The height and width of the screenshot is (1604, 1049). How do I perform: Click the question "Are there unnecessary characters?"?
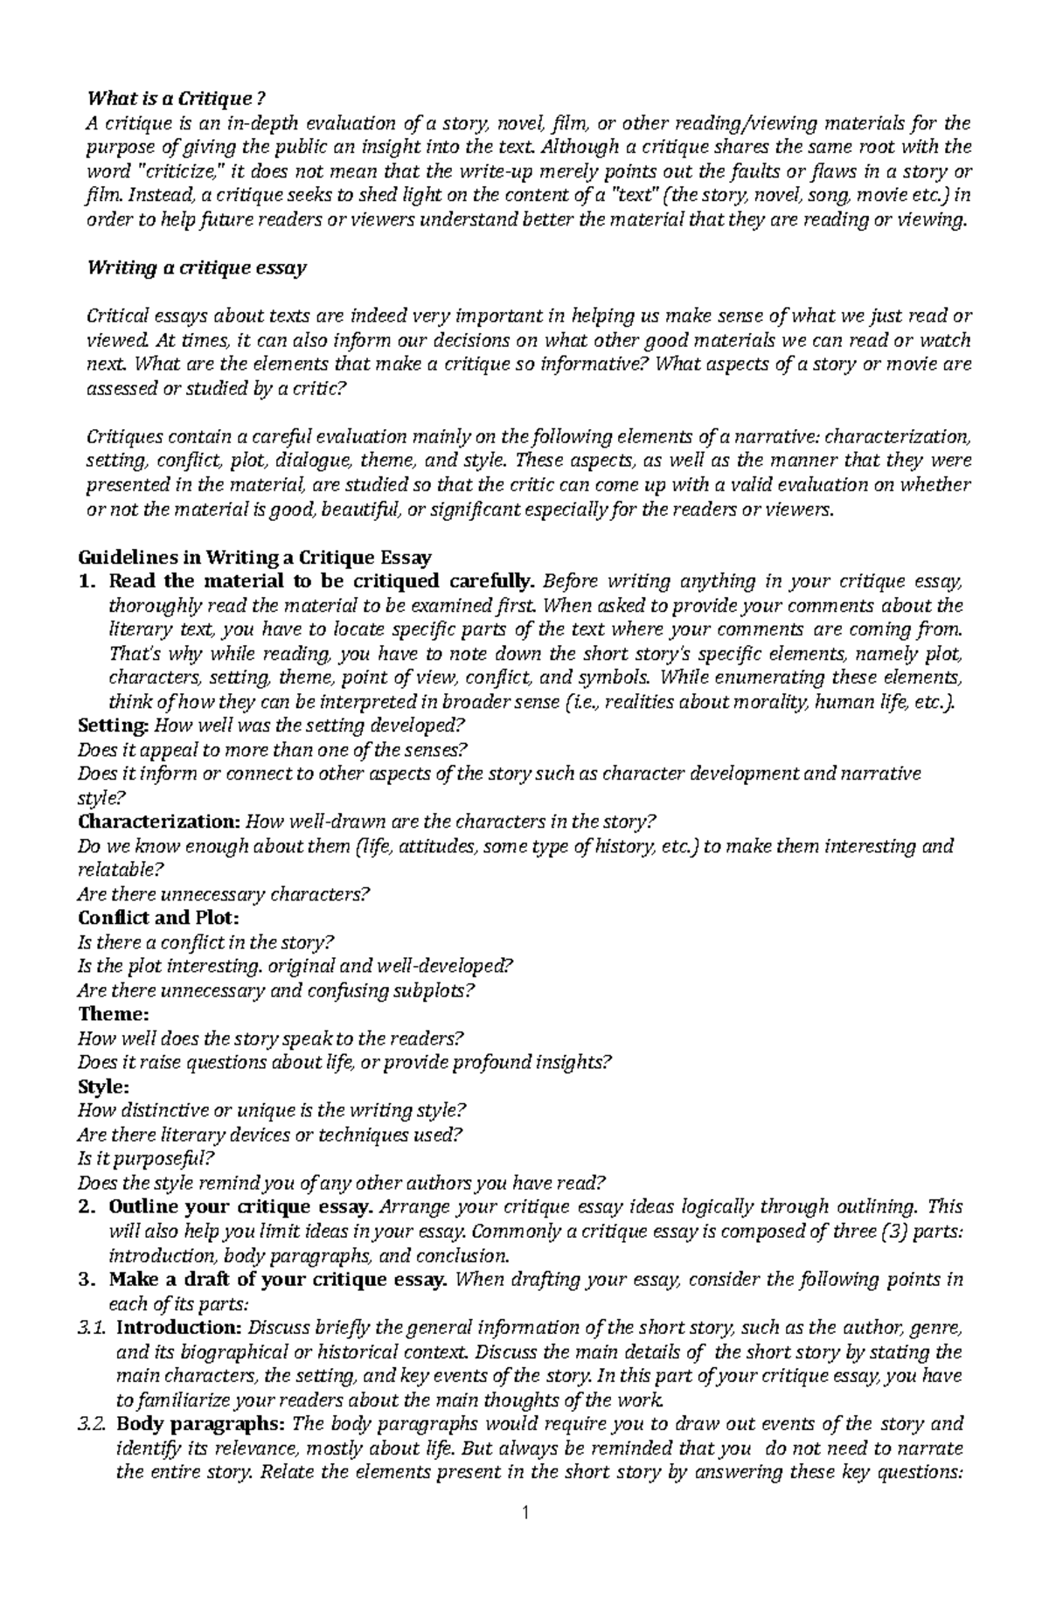click(224, 894)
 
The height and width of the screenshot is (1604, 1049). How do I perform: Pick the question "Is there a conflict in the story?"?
click(206, 942)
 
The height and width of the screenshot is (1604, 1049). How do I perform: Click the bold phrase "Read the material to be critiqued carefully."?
click(320, 581)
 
